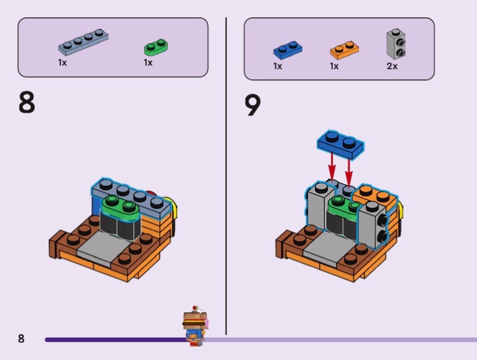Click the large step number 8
coord(27,103)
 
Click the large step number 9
coord(252,105)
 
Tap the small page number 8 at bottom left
coord(21,339)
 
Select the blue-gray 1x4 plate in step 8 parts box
coord(83,42)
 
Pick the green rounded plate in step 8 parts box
coord(156,47)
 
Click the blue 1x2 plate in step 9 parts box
coord(288,49)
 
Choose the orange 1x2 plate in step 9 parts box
coord(345,50)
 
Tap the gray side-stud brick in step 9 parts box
coord(397,44)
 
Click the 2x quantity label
coord(392,66)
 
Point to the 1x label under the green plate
coord(148,63)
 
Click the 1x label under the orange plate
coord(334,66)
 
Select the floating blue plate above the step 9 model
coord(340,144)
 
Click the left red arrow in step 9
coord(332,168)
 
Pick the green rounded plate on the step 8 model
coord(120,208)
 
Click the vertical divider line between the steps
coord(226,176)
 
